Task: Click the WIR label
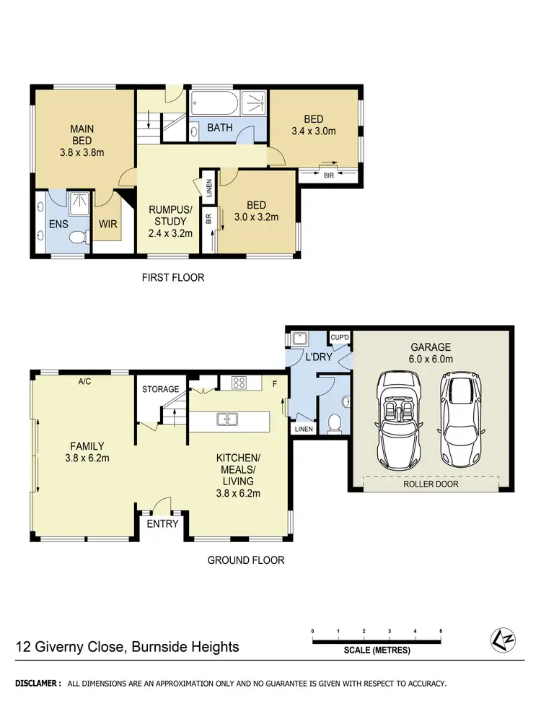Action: (108, 225)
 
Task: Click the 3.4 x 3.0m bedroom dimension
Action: (313, 131)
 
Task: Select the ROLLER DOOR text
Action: (432, 484)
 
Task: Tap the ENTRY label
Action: (162, 523)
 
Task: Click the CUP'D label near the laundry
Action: (340, 336)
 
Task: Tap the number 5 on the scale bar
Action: (441, 630)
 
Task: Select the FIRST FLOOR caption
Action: (174, 277)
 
